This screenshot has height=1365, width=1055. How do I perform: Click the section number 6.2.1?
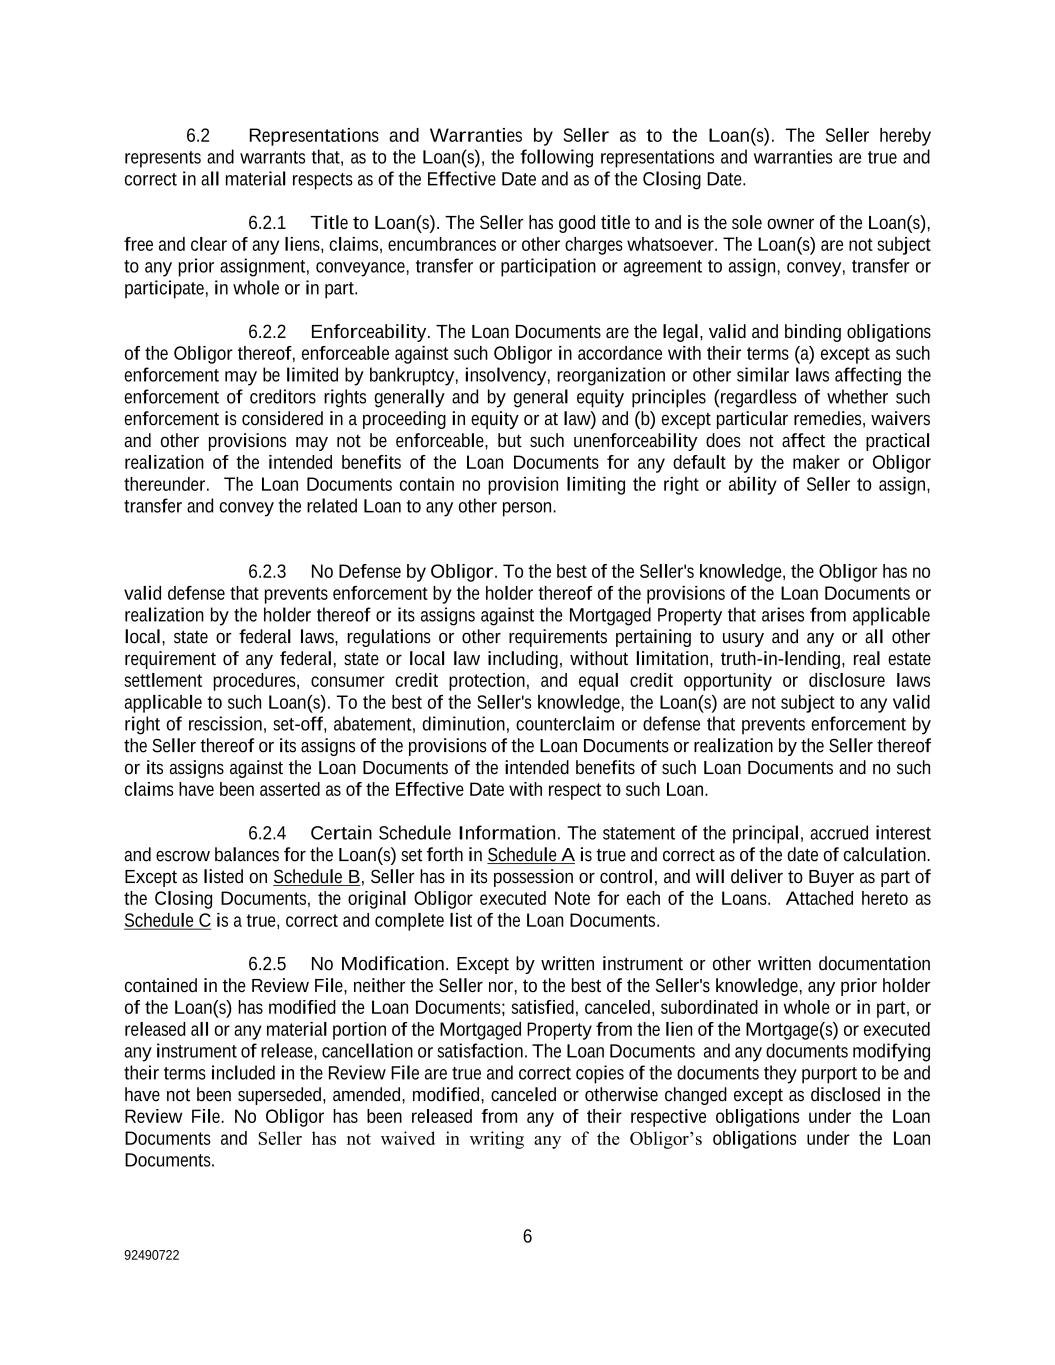[266, 223]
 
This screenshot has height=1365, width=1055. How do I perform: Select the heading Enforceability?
[369, 332]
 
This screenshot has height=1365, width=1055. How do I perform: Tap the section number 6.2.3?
[266, 572]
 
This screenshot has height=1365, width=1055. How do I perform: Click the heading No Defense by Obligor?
[402, 572]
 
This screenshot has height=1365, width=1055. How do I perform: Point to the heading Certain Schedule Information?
[434, 834]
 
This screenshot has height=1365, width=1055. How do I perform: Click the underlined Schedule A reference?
[531, 856]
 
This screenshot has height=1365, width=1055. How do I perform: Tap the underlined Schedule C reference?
[167, 921]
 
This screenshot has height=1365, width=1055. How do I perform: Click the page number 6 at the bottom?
[528, 1237]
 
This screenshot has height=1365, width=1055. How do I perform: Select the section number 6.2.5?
[266, 965]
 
